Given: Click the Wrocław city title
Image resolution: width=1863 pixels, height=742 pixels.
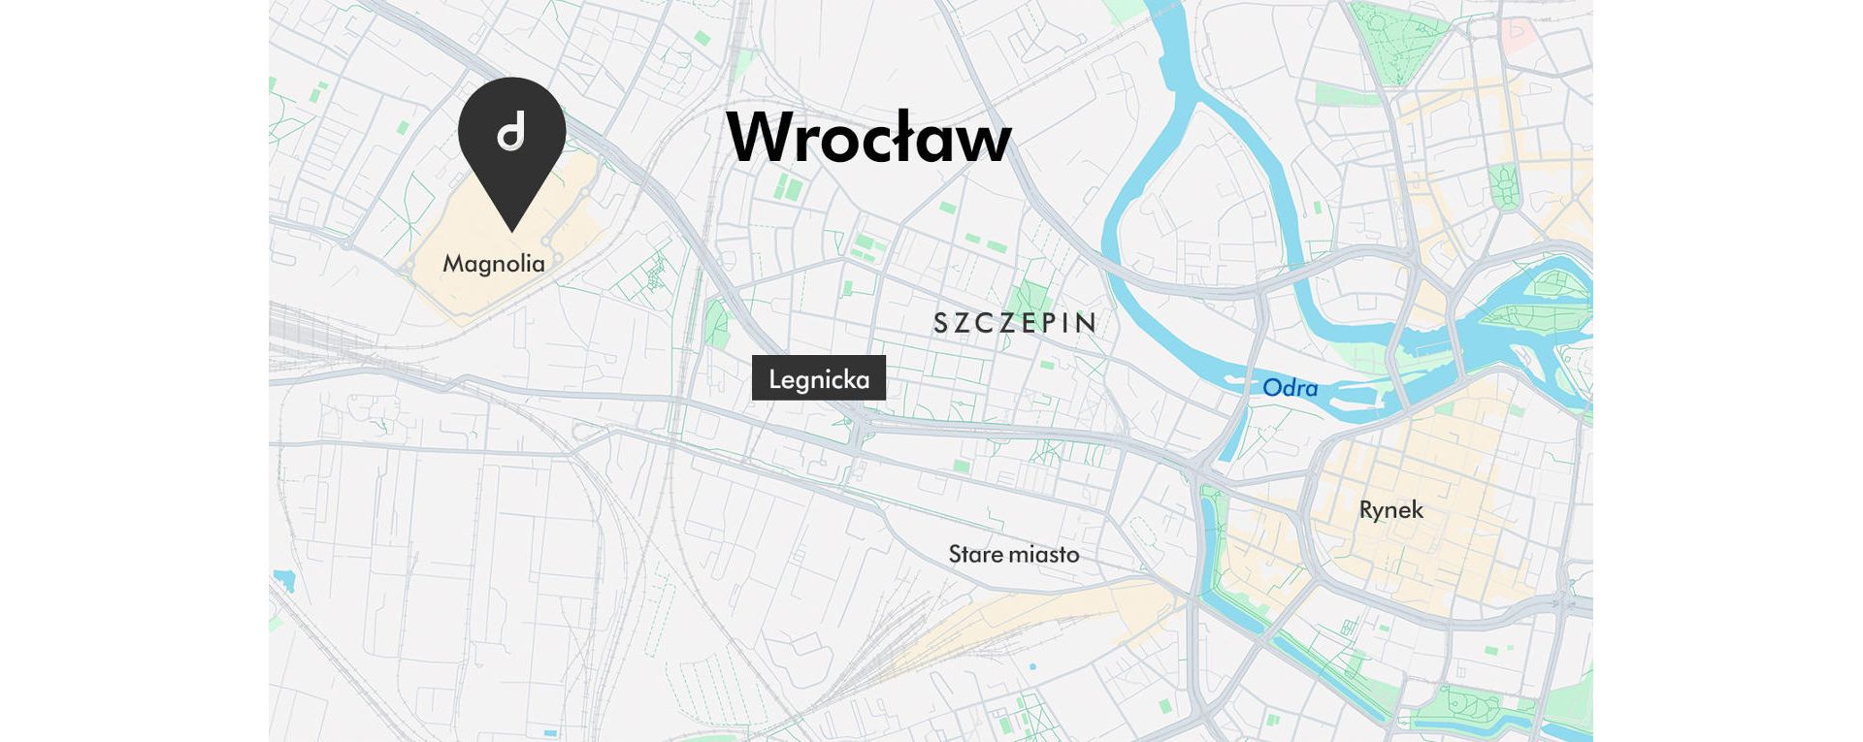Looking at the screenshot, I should coord(868,138).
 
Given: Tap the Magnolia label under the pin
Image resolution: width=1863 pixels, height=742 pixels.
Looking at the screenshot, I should coord(494,264).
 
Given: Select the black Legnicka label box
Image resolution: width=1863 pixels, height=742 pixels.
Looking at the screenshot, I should coord(818,378).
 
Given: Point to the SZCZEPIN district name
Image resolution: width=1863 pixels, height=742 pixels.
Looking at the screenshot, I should coord(1015,323).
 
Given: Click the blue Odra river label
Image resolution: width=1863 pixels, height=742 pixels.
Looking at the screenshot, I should coord(1290,388).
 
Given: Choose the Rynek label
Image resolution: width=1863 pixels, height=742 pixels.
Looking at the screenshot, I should coord(1390,510).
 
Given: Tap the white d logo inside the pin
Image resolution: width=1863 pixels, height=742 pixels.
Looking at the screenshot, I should coord(511,131).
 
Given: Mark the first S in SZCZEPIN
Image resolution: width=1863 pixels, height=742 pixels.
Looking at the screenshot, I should coord(940,323).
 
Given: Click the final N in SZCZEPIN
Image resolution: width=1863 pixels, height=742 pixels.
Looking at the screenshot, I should coord(1089,323).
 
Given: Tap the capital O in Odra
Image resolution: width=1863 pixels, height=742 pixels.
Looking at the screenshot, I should coord(1272,388).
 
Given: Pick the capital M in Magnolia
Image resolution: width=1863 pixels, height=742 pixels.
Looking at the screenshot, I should coord(453,264).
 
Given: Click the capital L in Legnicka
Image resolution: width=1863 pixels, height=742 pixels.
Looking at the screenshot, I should coord(775,378).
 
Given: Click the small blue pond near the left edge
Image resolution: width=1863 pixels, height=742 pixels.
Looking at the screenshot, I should coord(284,581).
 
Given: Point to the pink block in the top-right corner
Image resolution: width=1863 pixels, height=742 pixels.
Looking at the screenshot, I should coord(1516,34).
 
